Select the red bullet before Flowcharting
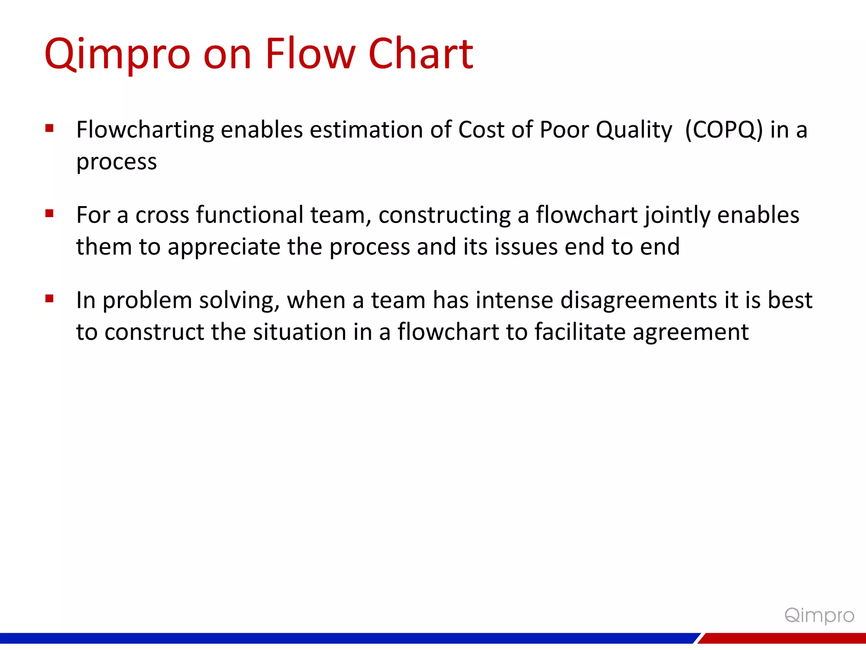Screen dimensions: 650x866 pyautogui.click(x=49, y=128)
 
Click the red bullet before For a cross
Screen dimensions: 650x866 pyautogui.click(x=49, y=214)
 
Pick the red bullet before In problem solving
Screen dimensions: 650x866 pyautogui.click(x=49, y=299)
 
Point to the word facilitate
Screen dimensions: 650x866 pyautogui.click(x=580, y=332)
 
